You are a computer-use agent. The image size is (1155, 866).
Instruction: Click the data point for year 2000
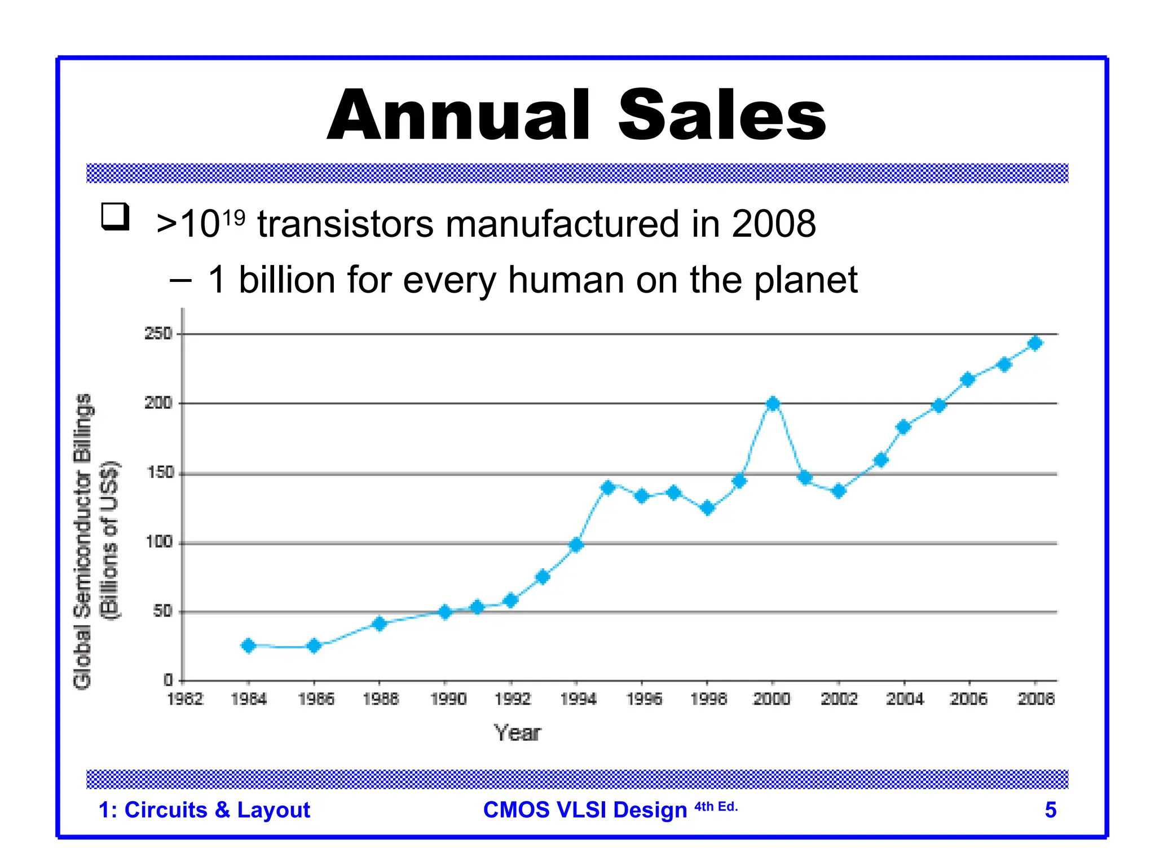(773, 404)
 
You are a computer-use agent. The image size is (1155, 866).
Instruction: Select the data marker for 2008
(1035, 343)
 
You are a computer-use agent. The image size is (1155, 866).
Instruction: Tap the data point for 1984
(248, 646)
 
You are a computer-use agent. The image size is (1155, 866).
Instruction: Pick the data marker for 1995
(608, 487)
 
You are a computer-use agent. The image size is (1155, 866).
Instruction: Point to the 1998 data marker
(707, 508)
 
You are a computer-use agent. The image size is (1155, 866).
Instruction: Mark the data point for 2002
(839, 491)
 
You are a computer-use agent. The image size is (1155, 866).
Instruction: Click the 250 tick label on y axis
(158, 334)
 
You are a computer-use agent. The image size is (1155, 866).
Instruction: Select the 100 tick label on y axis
(159, 542)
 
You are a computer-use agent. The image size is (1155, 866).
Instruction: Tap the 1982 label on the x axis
(185, 699)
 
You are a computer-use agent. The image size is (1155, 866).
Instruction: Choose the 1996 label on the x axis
(644, 699)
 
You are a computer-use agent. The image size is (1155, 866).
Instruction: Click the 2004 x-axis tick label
(905, 699)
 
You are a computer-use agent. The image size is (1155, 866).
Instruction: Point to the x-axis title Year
(517, 733)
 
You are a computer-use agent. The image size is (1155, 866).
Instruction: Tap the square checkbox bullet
(115, 216)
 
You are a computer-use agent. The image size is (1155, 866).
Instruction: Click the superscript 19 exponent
(233, 217)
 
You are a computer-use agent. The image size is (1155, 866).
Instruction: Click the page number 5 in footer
(1050, 810)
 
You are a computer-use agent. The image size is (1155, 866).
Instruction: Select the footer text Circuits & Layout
(217, 810)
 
